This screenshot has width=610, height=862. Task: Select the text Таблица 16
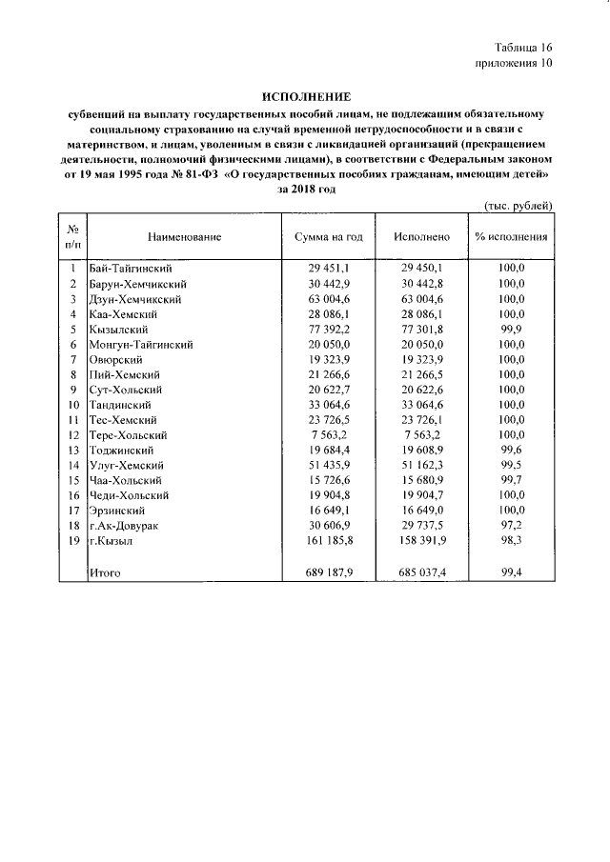522,48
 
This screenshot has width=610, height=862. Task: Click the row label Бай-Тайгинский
132,269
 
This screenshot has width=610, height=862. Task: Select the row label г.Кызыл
112,541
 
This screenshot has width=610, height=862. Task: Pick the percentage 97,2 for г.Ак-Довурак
511,526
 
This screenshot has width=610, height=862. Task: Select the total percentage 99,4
511,572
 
